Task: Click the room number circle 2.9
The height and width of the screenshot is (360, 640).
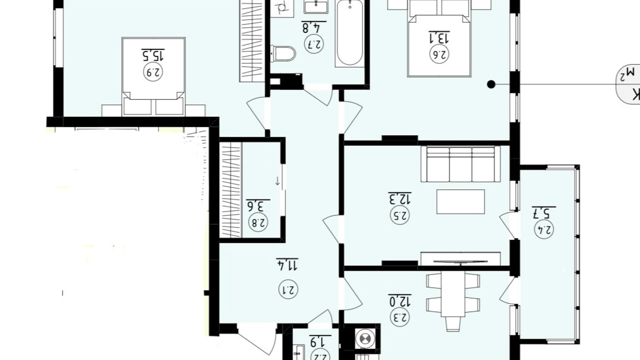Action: (153, 72)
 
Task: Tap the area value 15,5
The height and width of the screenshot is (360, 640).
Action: (153, 54)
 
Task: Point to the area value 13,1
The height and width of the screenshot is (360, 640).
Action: (439, 37)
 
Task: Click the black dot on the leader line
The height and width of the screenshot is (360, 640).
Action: (491, 84)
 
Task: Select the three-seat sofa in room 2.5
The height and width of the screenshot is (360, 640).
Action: (460, 164)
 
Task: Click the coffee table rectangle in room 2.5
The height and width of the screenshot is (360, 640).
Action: (460, 201)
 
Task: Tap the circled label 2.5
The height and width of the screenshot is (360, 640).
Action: (400, 215)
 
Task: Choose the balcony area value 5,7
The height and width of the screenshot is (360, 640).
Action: (544, 212)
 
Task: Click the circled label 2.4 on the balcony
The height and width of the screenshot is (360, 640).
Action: (544, 229)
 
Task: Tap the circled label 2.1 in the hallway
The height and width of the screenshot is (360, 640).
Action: (288, 290)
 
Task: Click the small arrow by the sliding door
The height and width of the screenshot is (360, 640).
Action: (277, 181)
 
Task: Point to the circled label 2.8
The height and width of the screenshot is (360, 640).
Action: (258, 223)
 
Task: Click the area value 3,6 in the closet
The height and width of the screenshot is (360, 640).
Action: (258, 206)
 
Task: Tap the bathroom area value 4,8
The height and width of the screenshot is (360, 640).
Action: (314, 27)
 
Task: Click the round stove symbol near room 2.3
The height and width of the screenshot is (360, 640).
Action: (365, 338)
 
